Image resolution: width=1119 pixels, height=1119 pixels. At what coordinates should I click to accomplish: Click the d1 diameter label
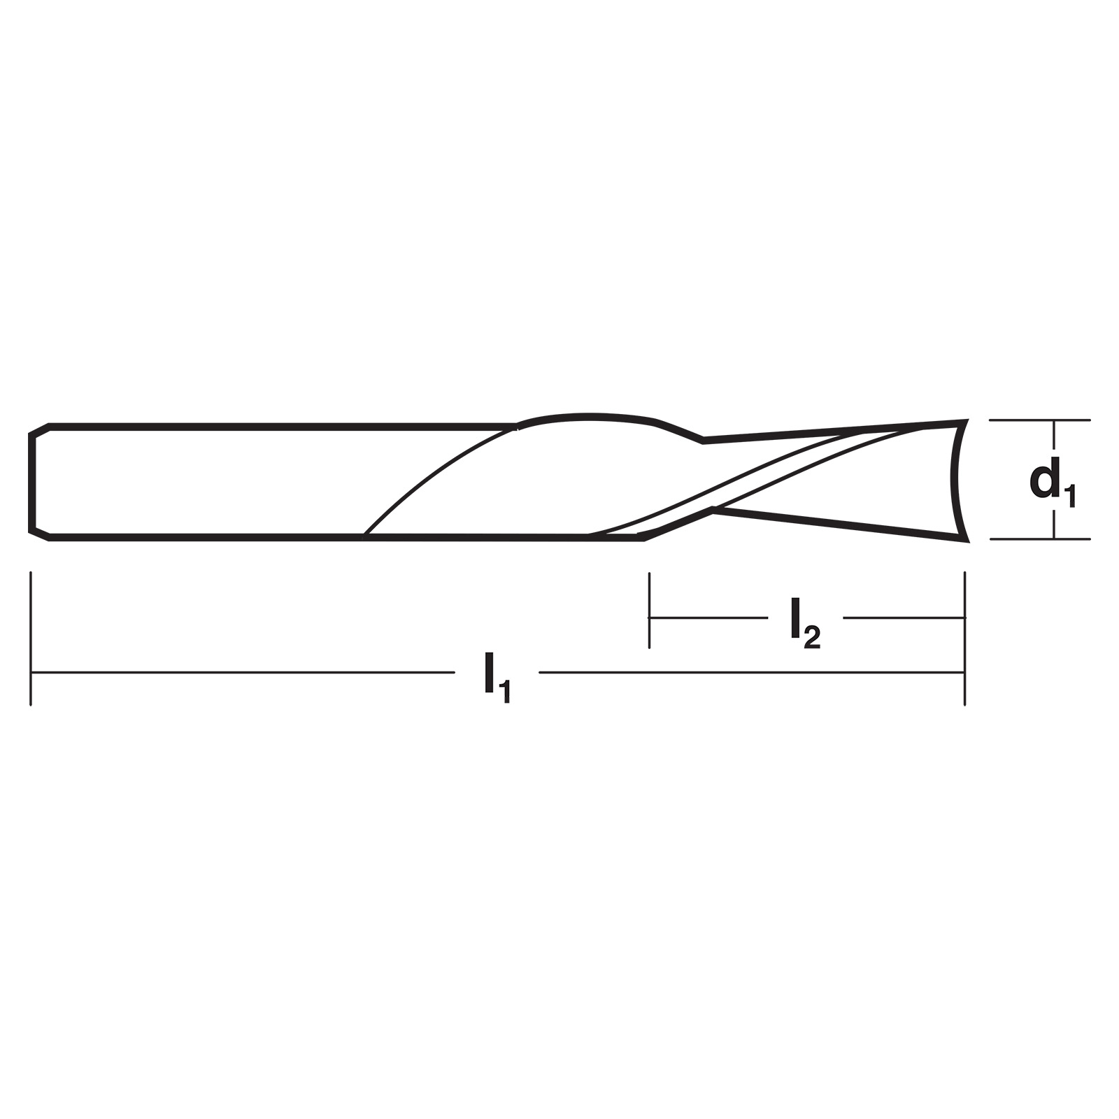tap(1053, 482)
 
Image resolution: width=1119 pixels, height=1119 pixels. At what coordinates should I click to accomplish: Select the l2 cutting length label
tap(805, 624)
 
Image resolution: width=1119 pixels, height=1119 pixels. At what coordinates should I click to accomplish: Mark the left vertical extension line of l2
tap(650, 610)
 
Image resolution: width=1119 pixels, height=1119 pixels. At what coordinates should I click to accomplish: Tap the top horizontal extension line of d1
tap(1040, 420)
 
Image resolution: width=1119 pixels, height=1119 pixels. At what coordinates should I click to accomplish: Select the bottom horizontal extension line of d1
tap(1040, 539)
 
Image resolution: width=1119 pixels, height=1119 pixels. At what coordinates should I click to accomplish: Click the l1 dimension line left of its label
tap(243, 673)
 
